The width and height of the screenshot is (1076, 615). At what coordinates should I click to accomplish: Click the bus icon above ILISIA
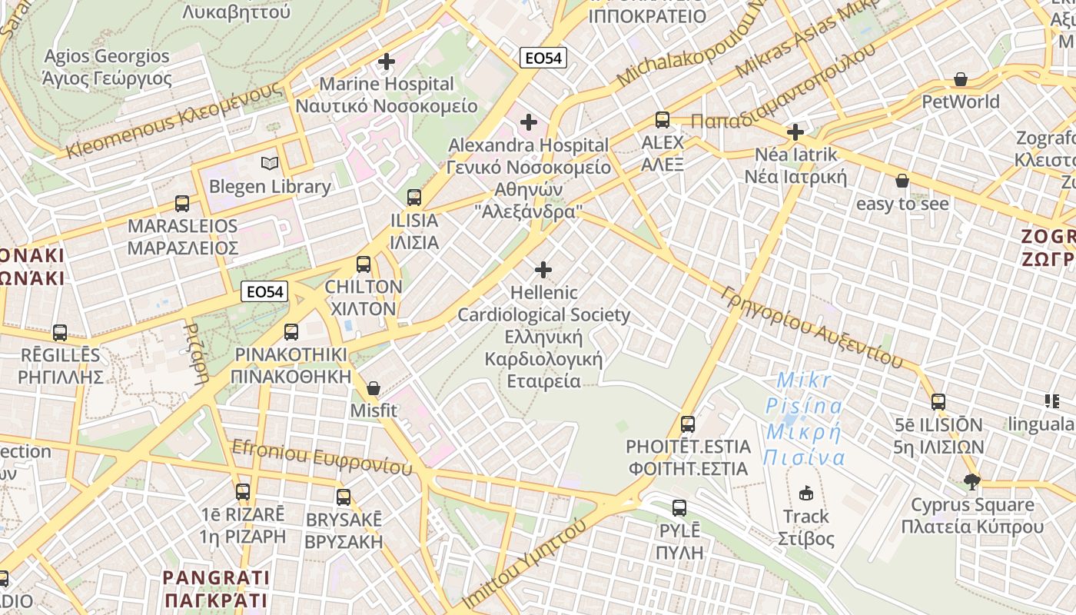click(414, 198)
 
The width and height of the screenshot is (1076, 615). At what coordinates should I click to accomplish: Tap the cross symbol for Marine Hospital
click(387, 61)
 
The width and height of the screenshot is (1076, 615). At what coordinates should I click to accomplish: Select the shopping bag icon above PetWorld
click(961, 79)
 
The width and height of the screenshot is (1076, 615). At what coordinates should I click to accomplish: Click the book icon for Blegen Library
click(269, 163)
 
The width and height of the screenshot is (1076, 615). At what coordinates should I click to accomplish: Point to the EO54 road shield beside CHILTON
click(264, 291)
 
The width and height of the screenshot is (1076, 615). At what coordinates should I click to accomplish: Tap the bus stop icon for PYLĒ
click(679, 507)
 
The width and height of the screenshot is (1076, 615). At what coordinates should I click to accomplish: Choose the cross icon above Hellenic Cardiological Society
click(543, 270)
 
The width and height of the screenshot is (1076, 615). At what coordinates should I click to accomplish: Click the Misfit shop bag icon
click(374, 388)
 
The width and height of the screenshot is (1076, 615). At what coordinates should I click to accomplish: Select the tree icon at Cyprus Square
click(972, 482)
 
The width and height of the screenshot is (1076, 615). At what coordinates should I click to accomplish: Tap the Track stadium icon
click(806, 493)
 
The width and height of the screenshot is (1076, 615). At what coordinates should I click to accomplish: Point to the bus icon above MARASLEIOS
click(182, 204)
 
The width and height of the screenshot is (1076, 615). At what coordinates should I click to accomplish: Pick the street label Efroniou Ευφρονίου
click(322, 457)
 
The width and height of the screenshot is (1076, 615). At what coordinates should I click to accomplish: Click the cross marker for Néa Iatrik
click(795, 132)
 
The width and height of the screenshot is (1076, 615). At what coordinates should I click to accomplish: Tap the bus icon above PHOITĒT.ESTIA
click(688, 424)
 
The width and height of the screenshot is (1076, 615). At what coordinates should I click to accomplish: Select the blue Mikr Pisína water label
click(804, 419)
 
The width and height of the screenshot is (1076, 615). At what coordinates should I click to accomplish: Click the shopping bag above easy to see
click(902, 181)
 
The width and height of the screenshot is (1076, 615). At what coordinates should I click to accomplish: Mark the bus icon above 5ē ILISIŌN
click(938, 402)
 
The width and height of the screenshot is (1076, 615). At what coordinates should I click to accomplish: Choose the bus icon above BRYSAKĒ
click(344, 497)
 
